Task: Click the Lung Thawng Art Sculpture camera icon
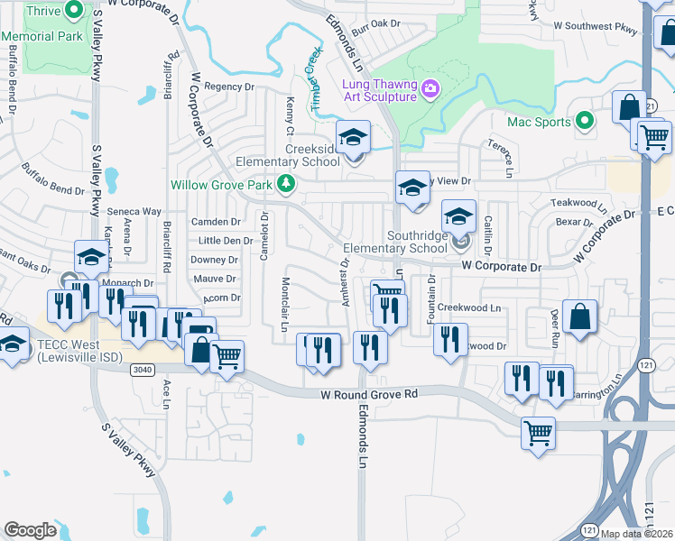tap(430, 87)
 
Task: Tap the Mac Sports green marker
tap(585, 121)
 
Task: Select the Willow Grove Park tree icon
tap(287, 184)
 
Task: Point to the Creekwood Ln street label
tap(469, 307)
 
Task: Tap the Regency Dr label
tap(229, 87)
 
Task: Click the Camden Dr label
tap(216, 221)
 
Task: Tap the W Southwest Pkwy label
tap(595, 27)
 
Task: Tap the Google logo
tap(30, 529)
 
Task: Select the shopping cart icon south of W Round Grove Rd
tap(538, 433)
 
